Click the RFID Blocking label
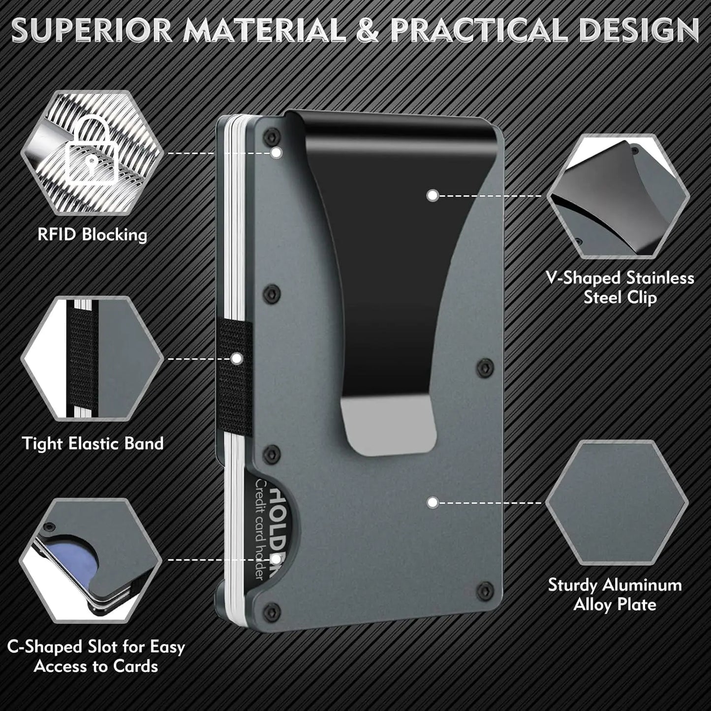(93, 235)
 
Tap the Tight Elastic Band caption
(93, 443)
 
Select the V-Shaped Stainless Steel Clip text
(620, 287)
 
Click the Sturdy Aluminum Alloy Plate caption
(615, 594)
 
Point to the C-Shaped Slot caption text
(96, 656)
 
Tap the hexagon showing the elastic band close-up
(92, 358)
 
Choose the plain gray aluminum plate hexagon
(617, 502)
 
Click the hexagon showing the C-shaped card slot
(91, 560)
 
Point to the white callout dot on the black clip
(433, 195)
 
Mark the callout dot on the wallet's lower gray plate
(433, 502)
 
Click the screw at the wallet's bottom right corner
(485, 587)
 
